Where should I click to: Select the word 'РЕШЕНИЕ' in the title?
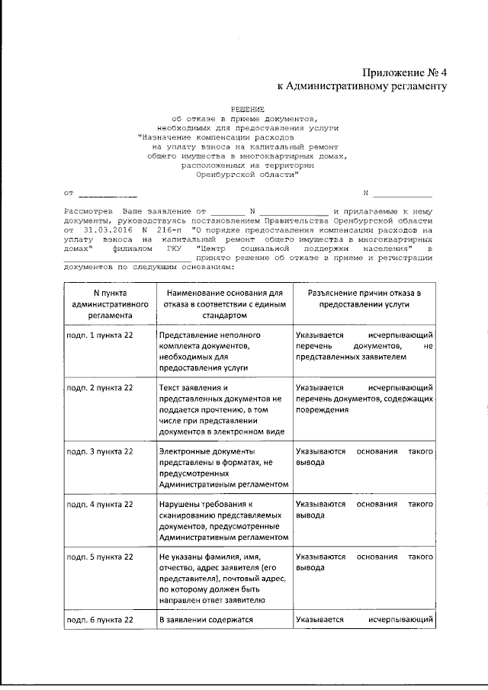click(243, 110)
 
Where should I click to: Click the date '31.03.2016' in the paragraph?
click(103, 228)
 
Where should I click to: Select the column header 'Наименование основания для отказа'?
click(224, 303)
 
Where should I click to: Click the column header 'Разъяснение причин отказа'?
click(364, 297)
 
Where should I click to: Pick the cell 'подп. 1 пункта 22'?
click(100, 335)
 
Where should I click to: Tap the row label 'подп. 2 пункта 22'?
click(100, 388)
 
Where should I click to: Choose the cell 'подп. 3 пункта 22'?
click(100, 452)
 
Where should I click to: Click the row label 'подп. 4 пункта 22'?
click(100, 505)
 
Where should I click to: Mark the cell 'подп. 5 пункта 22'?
click(100, 557)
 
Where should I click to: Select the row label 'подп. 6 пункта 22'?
click(100, 621)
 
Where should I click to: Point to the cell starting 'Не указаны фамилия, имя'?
click(224, 584)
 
